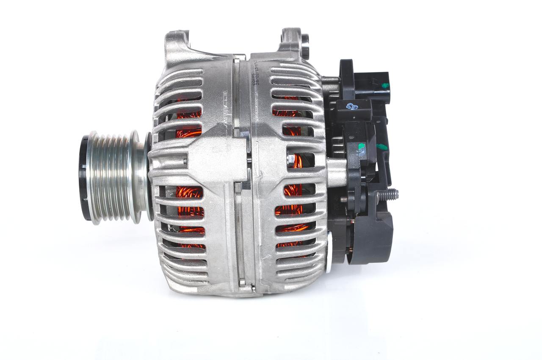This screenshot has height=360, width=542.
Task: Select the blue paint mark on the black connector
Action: point(351,107)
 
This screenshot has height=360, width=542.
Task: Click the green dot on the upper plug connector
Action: point(385,86)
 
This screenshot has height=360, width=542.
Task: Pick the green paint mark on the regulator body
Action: point(361,147)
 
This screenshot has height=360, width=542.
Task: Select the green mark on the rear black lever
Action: point(382,147)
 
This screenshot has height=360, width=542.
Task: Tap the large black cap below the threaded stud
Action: point(373,237)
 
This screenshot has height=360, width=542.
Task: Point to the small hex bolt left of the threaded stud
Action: point(345,198)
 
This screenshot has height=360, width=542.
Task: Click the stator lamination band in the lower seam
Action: point(239,237)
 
